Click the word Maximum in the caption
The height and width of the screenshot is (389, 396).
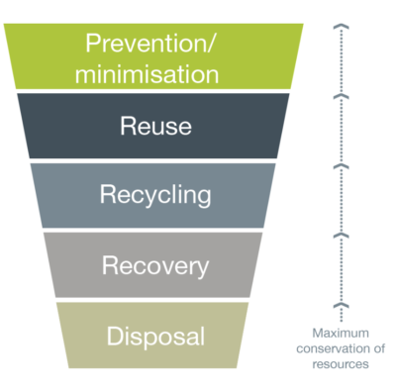[338, 334]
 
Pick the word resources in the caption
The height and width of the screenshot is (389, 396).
[338, 363]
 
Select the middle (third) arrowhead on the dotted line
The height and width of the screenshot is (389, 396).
[340, 165]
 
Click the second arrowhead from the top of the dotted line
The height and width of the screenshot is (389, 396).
[340, 95]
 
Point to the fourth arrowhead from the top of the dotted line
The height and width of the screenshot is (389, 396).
[340, 236]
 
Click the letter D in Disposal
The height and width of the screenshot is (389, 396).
[113, 336]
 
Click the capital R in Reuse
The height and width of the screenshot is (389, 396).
[127, 126]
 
